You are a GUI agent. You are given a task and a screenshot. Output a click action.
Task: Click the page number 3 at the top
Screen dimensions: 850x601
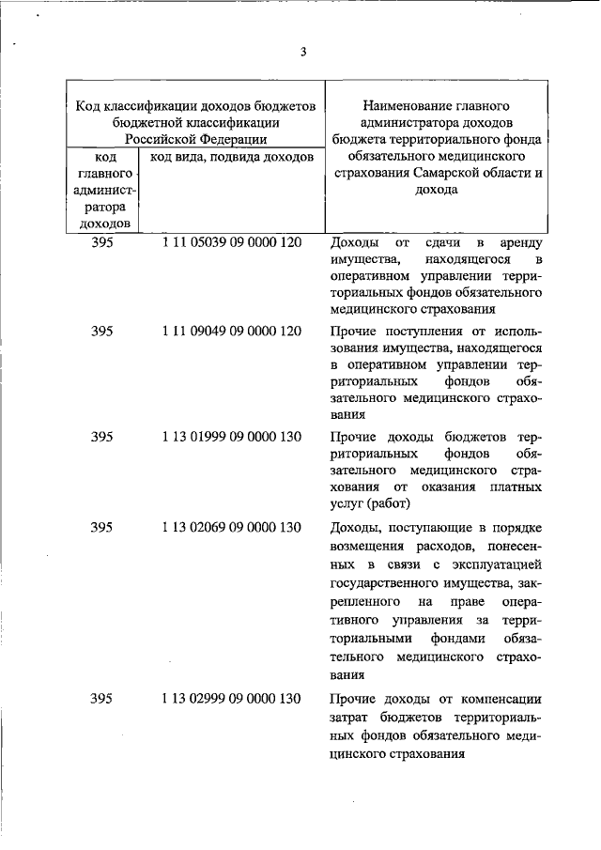point(303,52)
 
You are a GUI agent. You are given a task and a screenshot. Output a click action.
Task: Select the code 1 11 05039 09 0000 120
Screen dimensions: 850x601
point(231,242)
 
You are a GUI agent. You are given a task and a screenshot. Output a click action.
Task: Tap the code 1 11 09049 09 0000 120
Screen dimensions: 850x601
point(231,332)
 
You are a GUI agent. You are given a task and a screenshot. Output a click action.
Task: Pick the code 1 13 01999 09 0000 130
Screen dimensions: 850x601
point(231,436)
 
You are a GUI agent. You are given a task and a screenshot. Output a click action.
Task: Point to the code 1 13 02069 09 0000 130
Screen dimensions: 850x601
point(231,527)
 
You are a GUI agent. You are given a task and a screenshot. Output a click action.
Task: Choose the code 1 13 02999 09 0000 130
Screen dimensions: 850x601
point(231,698)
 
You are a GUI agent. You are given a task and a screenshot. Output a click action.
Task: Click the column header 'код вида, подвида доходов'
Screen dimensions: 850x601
point(231,156)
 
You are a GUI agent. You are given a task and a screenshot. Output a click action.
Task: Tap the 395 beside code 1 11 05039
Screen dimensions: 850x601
point(102,242)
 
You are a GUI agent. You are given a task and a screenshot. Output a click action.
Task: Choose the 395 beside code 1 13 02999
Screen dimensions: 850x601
point(102,698)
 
